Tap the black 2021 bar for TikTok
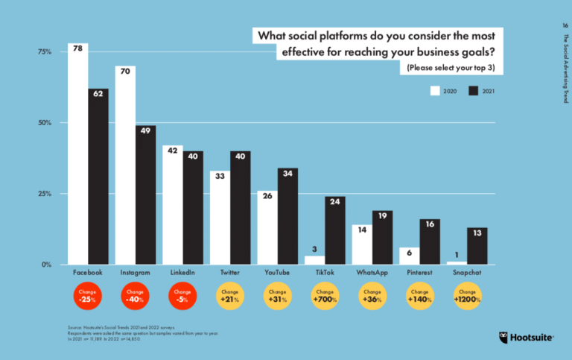[334, 230]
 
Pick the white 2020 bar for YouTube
[267, 227]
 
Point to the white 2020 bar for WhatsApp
[362, 244]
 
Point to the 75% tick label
[43, 52]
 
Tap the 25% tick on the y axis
[43, 194]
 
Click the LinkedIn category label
[182, 274]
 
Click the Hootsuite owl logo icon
[504, 338]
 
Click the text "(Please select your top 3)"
[451, 68]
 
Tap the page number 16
[565, 25]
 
